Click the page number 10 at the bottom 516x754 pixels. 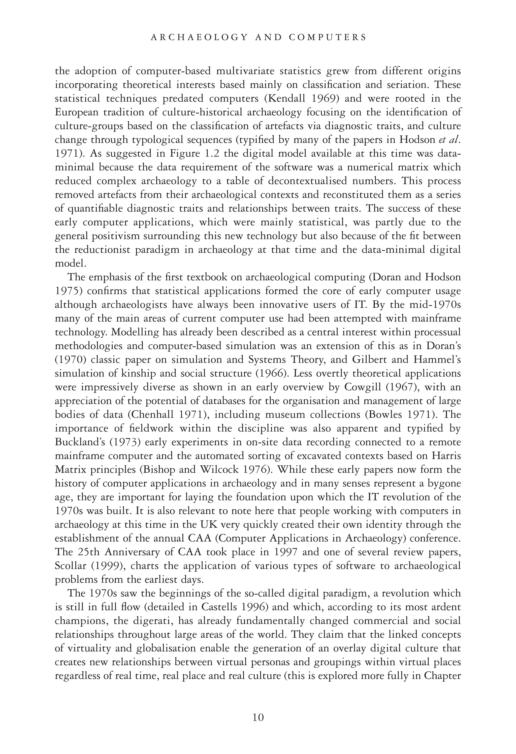pyautogui.click(x=258, y=717)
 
